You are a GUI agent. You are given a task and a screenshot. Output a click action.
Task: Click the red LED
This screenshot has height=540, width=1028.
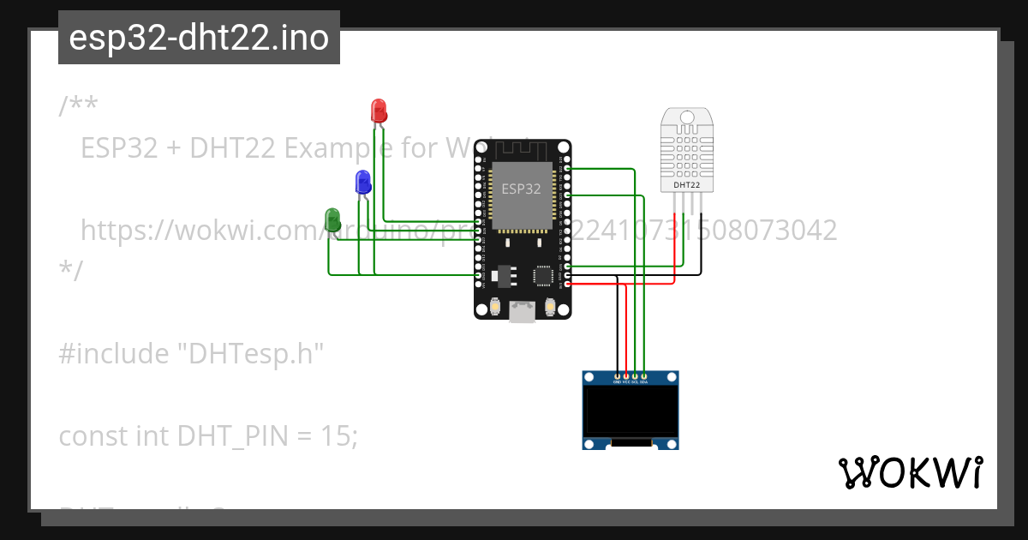pyautogui.click(x=379, y=110)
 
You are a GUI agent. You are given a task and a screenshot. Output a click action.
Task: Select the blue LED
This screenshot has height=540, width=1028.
pyautogui.click(x=363, y=181)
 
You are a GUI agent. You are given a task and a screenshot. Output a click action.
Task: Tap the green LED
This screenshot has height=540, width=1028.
pyautogui.click(x=333, y=218)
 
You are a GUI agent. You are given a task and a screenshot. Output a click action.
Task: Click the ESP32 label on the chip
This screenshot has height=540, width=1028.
pyautogui.click(x=521, y=189)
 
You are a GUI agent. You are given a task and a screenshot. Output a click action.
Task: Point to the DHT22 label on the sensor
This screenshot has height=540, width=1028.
pyautogui.click(x=687, y=184)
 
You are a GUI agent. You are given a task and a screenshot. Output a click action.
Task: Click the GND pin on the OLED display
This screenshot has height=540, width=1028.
pyautogui.click(x=617, y=377)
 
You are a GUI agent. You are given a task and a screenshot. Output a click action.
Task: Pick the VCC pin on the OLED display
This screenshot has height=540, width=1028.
pyautogui.click(x=626, y=377)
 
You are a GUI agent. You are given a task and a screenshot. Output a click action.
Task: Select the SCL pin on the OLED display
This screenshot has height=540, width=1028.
pyautogui.click(x=635, y=377)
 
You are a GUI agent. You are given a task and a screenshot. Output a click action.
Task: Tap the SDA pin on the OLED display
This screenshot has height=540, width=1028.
pyautogui.click(x=643, y=377)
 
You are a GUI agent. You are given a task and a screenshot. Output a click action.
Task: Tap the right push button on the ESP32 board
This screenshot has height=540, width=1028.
pyautogui.click(x=550, y=306)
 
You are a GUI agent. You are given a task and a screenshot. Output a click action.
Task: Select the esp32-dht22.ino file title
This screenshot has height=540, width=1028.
pyautogui.click(x=199, y=38)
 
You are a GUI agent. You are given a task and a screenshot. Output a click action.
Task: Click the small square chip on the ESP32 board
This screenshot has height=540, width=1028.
pyautogui.click(x=543, y=275)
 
